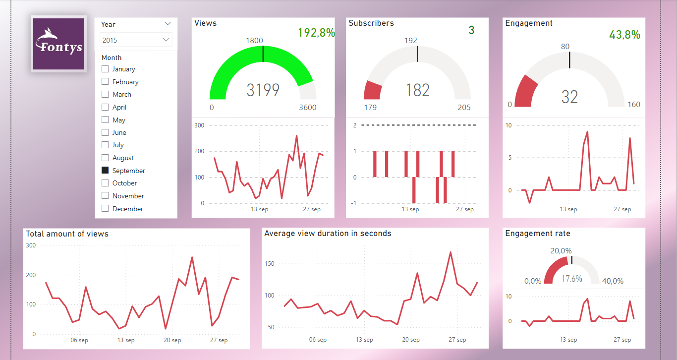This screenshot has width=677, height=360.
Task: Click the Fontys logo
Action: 58,44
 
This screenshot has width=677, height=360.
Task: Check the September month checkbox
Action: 105,170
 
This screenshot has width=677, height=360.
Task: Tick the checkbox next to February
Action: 105,82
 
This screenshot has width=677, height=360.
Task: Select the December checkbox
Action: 105,208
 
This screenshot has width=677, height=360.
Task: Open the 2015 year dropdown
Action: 136,40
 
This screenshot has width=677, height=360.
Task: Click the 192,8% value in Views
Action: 316,33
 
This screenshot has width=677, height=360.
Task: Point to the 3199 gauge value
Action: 263,90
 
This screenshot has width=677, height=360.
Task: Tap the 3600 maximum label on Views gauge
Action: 307,108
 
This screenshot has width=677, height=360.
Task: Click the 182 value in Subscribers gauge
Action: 417,90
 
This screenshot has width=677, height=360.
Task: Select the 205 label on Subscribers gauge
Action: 464,108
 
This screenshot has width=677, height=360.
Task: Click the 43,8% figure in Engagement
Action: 624,35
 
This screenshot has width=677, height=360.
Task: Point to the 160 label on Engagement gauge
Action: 633,105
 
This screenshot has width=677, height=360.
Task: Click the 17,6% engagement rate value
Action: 571,279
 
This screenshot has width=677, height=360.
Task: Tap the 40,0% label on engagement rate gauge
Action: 613,281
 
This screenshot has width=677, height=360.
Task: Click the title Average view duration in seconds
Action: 328,234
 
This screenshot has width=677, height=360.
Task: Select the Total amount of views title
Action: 67,234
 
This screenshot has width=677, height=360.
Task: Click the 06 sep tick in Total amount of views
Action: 79,340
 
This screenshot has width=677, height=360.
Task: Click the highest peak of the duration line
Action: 451,252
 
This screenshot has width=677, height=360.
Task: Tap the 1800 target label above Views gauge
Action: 254,41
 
